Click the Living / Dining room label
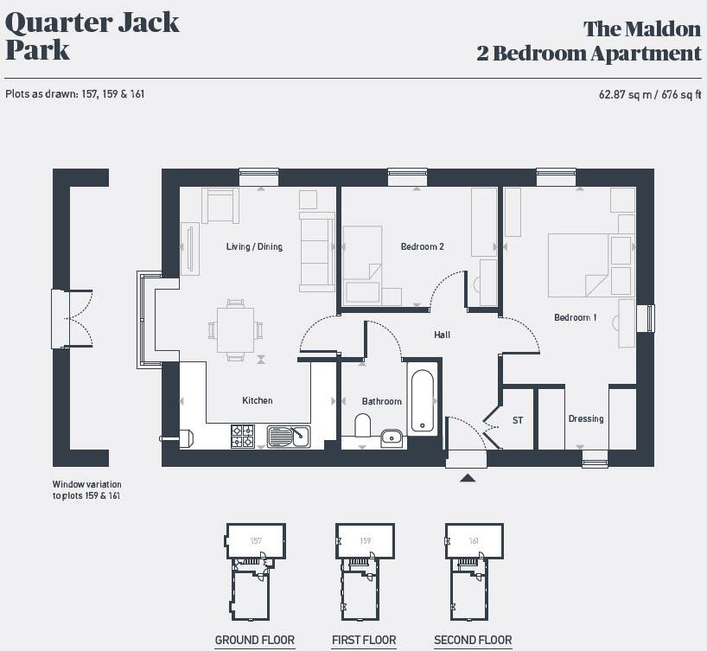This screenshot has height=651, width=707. tap(254, 247)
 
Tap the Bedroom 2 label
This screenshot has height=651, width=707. tap(422, 247)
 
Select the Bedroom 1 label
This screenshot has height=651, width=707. tap(575, 318)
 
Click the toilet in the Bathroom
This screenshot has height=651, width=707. tap(363, 426)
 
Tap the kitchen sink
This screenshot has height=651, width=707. tap(289, 436)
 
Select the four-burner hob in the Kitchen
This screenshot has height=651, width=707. tap(243, 436)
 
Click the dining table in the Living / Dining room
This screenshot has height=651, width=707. tap(235, 329)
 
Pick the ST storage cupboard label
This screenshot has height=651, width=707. tap(518, 421)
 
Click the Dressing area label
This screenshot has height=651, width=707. tap(585, 419)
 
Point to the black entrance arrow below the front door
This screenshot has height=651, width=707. tap(468, 477)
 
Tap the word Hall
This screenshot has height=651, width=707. tap(442, 335)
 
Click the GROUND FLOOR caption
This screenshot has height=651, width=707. tap(254, 641)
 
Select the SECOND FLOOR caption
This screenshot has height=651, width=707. tap(473, 641)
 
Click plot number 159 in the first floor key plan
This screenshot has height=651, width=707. tap(366, 541)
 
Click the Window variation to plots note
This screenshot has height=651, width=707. tap(86, 490)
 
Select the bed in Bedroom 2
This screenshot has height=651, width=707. tap(363, 263)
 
